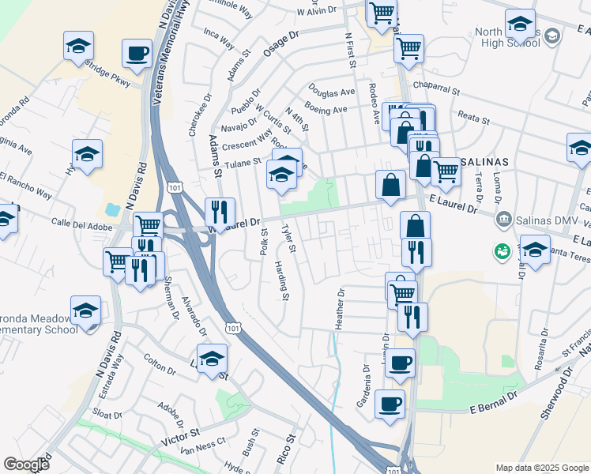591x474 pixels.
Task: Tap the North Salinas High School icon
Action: pos(553,36)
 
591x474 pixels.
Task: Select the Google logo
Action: pos(26,465)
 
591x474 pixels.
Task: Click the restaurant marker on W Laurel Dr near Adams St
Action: pos(219,211)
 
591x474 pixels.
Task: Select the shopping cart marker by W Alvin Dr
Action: pos(382,12)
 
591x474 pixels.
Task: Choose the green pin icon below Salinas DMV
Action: pos(501,252)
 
